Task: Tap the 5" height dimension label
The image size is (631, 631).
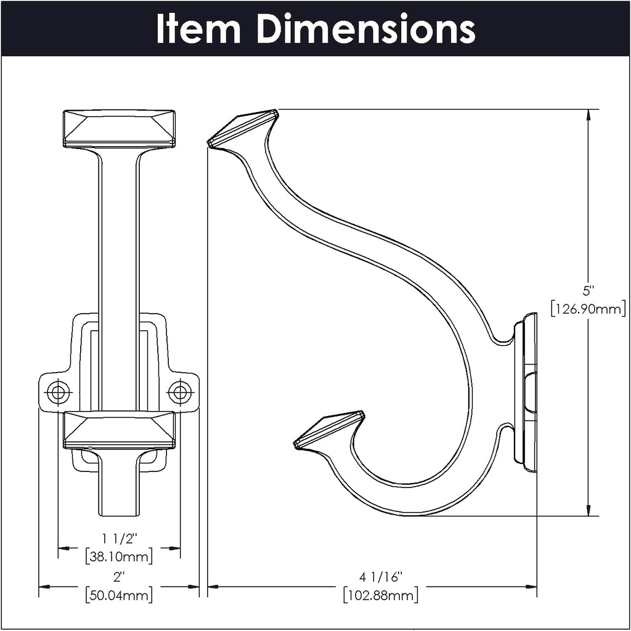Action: click(588, 290)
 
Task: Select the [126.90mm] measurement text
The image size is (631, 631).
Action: click(588, 308)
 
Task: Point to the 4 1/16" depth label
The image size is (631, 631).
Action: click(380, 577)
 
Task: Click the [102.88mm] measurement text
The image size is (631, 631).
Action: click(380, 595)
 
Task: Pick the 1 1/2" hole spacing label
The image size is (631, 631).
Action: click(118, 538)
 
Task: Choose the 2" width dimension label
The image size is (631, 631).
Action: click(118, 577)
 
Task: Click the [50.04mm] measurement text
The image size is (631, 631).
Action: click(118, 595)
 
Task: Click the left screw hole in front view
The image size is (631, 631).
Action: click(59, 391)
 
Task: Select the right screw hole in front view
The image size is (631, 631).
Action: click(179, 391)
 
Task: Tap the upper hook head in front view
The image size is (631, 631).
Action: click(119, 129)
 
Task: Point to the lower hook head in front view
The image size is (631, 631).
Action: click(119, 429)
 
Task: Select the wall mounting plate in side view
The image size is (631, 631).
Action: click(529, 393)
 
